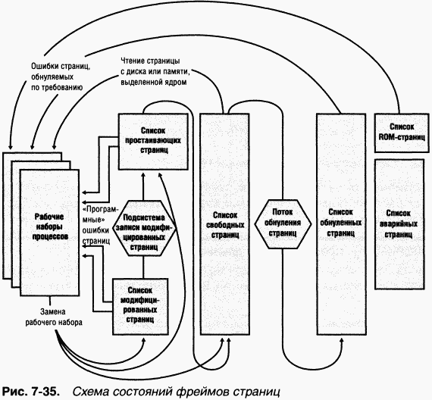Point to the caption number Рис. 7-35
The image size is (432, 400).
[32, 392]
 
